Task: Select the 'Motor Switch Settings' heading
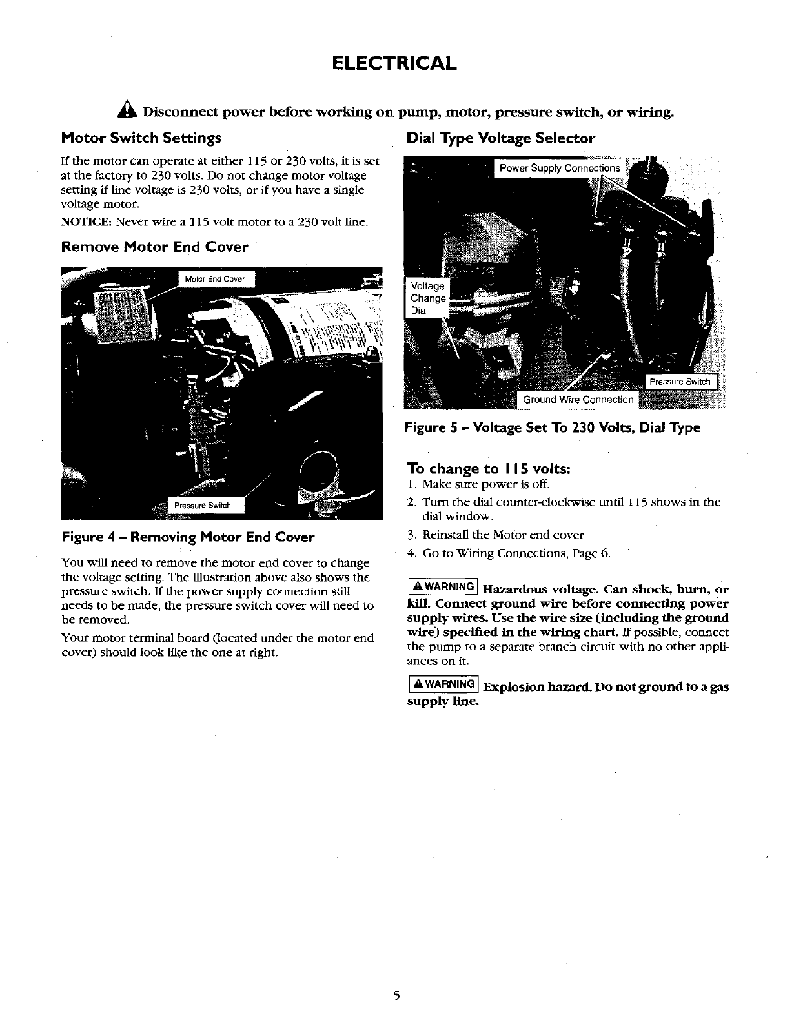click(x=141, y=138)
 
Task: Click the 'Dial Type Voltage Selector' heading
click(x=500, y=138)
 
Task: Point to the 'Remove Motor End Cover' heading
click(x=154, y=247)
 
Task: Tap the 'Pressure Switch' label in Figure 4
click(x=204, y=505)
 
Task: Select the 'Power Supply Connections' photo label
click(x=560, y=169)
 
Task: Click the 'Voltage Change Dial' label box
click(x=428, y=298)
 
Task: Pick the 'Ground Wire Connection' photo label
click(x=578, y=400)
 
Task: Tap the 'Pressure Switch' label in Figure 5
click(x=679, y=382)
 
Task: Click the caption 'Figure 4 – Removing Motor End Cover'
click(x=188, y=537)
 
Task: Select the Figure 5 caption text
click(x=552, y=427)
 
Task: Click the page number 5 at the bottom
click(x=397, y=996)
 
